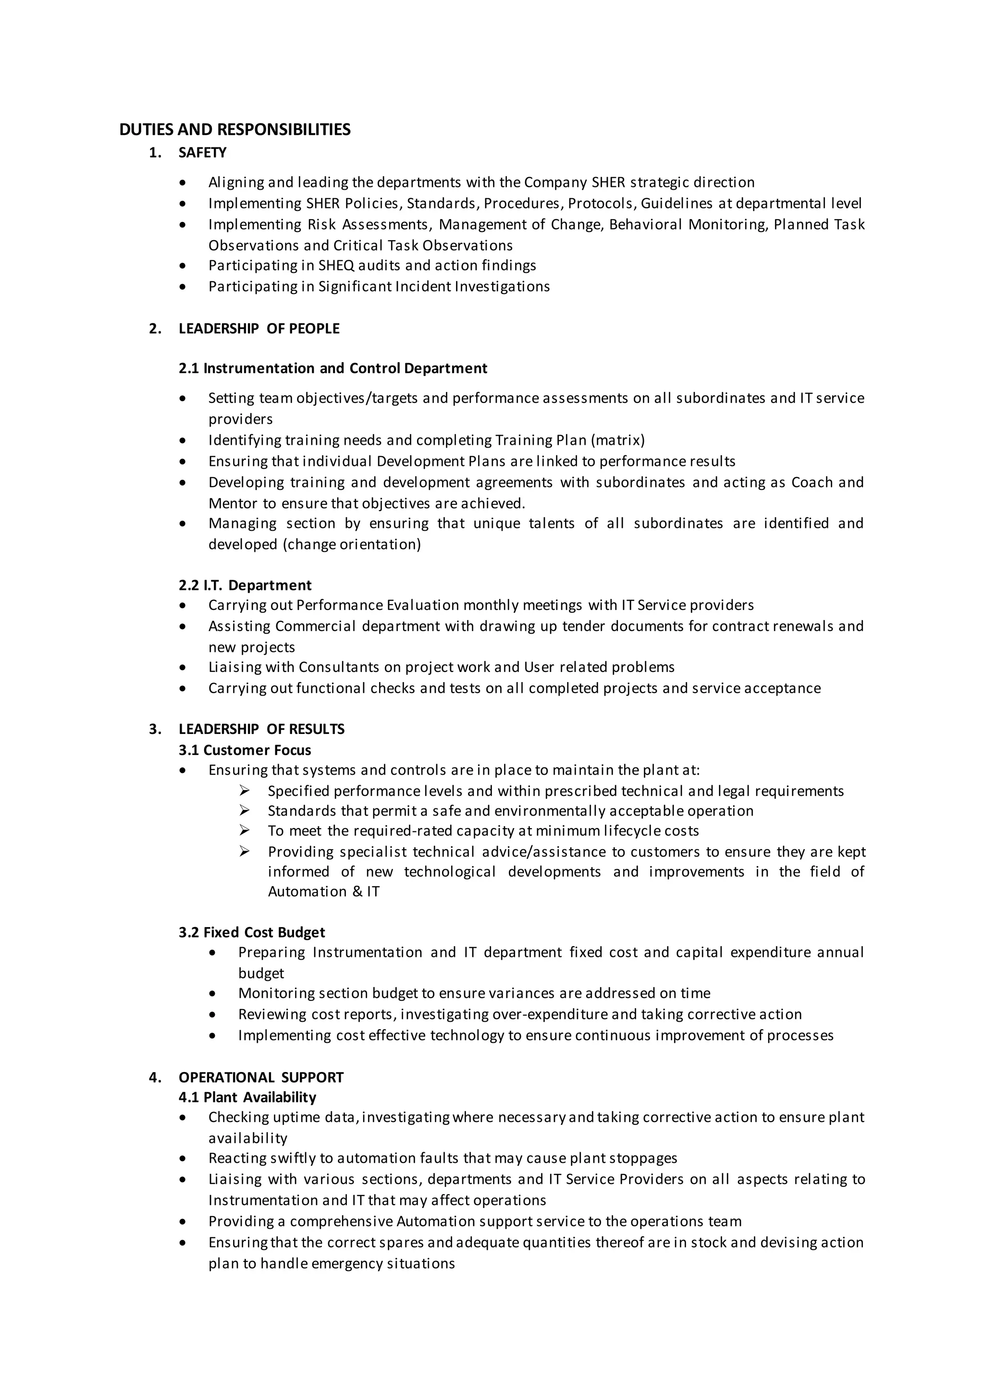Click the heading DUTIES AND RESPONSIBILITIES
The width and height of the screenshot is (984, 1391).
pyautogui.click(x=234, y=130)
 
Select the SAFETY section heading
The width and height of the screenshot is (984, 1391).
pyautogui.click(x=202, y=153)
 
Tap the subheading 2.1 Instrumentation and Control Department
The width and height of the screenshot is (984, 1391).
pyautogui.click(x=332, y=368)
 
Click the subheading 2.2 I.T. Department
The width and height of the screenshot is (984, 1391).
pyautogui.click(x=245, y=585)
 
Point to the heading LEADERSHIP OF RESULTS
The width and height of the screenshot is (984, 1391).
pyautogui.click(x=261, y=729)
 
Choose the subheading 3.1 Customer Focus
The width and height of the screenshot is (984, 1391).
pyautogui.click(x=245, y=750)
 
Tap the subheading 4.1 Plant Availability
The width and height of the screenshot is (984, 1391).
pyautogui.click(x=247, y=1097)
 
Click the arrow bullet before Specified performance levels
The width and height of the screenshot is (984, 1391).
pyautogui.click(x=244, y=791)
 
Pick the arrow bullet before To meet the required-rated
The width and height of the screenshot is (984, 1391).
pyautogui.click(x=244, y=830)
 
